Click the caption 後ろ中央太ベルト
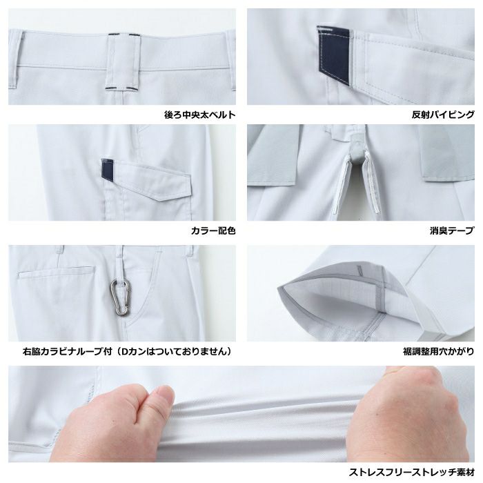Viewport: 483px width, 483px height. [x=200, y=115]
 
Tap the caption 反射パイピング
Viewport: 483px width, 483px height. [x=443, y=115]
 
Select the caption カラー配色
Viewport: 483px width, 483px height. [x=213, y=230]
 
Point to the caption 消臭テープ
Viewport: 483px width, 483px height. [x=452, y=230]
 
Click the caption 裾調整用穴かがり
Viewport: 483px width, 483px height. [x=439, y=351]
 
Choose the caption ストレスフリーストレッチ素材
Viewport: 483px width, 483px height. [x=411, y=472]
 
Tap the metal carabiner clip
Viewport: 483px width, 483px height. [x=121, y=297]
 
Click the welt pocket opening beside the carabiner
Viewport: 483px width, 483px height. [x=57, y=273]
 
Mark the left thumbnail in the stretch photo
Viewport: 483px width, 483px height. [x=165, y=394]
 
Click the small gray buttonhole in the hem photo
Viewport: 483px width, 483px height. [x=359, y=271]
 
